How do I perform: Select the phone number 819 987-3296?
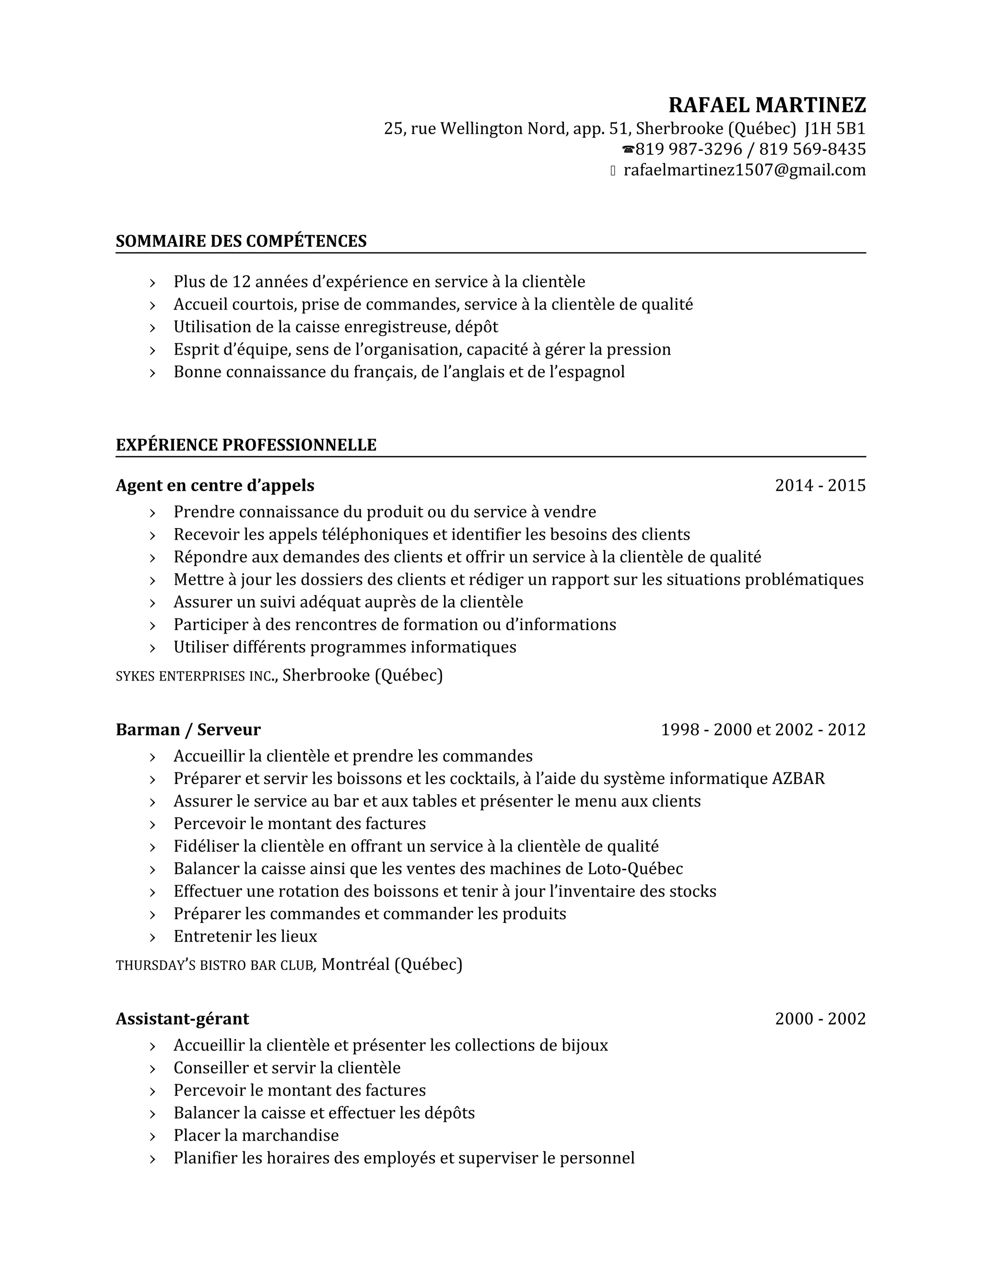coord(689,150)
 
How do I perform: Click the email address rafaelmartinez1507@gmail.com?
coord(745,171)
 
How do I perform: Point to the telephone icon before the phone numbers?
coord(628,150)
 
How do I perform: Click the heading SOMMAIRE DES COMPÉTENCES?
coord(241,241)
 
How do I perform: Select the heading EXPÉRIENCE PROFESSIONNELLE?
coord(245,445)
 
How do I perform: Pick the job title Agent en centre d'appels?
coord(215,485)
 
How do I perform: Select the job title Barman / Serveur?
coord(188,729)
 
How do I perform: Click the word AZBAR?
coord(798,779)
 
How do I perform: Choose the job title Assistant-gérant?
coord(182,1019)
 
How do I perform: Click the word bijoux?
coord(584,1046)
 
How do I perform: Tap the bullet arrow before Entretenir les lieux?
coord(152,937)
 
